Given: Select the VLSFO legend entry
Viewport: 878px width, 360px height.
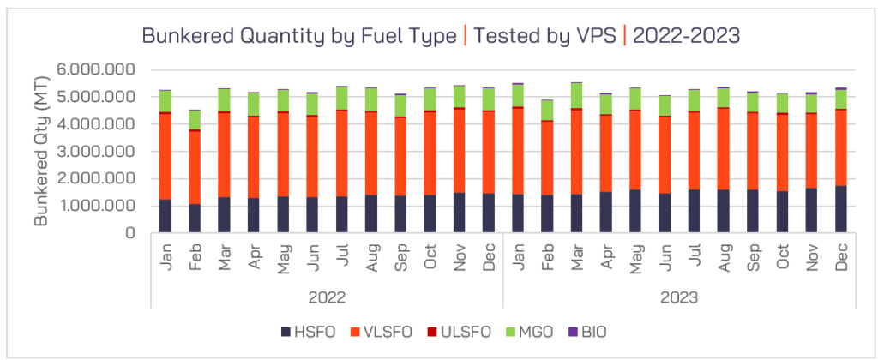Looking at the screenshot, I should [x=387, y=331].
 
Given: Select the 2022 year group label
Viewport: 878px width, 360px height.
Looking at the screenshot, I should [x=328, y=298].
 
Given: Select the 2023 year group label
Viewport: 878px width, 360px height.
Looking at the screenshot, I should [x=680, y=298].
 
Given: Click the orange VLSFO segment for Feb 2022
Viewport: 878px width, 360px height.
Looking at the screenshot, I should [x=195, y=167].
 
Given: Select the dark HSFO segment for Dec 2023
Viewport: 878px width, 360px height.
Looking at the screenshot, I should [x=841, y=209].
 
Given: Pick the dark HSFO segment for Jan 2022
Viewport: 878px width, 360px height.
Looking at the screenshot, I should [x=166, y=216].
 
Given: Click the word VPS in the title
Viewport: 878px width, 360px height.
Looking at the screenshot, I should [x=591, y=36].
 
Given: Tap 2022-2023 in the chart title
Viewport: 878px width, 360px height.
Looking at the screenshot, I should [x=685, y=36].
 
